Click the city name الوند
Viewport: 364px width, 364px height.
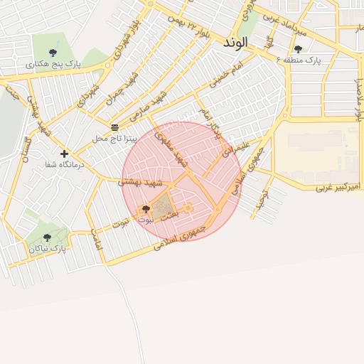tap(235, 42)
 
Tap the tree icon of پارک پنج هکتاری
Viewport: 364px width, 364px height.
tap(54, 53)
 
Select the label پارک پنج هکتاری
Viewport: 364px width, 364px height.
tap(54, 64)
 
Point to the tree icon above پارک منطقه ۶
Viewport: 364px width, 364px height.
tap(298, 49)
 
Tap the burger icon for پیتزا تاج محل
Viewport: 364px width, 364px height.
tap(114, 127)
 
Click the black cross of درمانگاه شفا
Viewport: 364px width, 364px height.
tap(65, 154)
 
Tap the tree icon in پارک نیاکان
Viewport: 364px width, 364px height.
tap(47, 237)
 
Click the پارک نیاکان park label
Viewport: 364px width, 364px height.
tap(48, 249)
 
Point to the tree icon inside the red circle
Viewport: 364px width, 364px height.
tap(146, 209)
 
